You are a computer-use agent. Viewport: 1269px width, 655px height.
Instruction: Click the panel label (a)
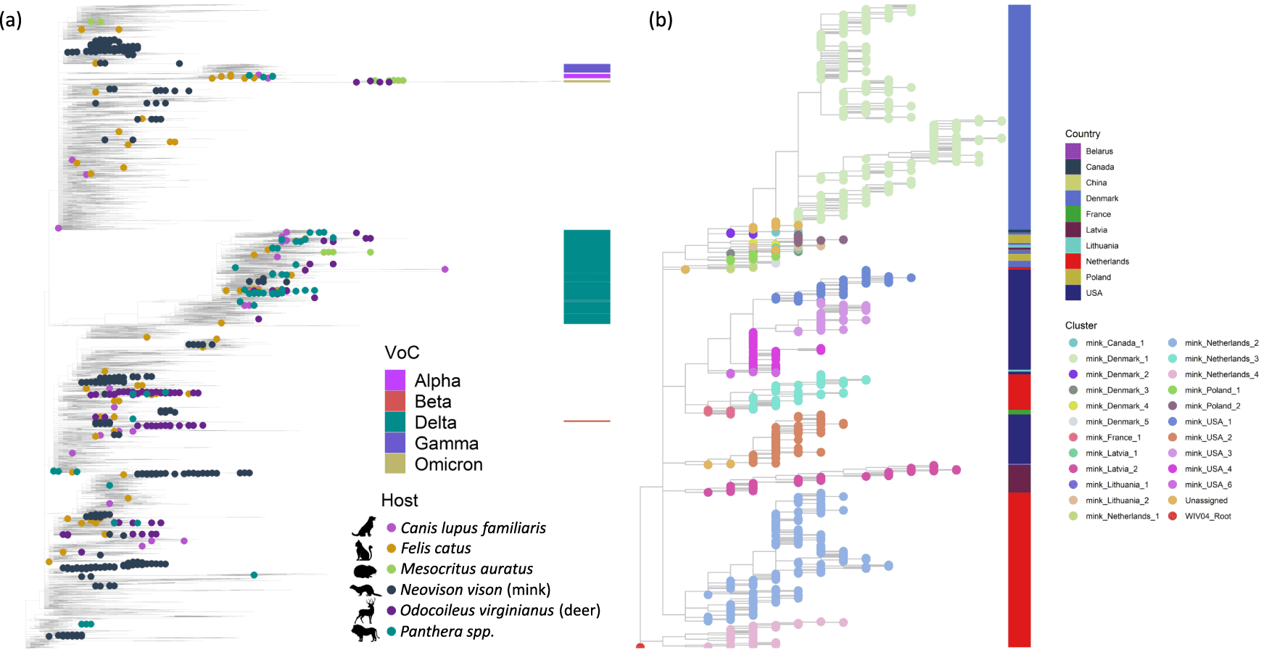point(11,20)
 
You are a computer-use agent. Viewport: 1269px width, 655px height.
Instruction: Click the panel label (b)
point(660,20)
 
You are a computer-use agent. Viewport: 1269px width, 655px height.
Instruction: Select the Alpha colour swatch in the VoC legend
point(394,380)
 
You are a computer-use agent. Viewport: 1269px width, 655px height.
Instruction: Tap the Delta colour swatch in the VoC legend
point(394,422)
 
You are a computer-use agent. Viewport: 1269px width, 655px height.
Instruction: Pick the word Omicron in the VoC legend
point(448,464)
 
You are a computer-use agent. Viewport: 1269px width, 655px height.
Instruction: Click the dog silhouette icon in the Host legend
point(364,527)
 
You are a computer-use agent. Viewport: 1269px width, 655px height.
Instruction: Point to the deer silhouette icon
point(365,611)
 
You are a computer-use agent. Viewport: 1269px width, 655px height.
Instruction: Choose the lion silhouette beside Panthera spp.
point(365,633)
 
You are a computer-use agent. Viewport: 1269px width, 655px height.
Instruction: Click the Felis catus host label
point(435,548)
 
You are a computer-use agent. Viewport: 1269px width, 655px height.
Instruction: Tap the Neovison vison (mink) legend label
point(475,590)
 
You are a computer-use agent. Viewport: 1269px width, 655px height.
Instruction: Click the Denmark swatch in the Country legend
point(1073,198)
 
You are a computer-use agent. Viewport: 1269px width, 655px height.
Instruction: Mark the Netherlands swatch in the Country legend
point(1073,261)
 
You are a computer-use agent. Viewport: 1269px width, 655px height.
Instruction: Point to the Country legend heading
point(1082,133)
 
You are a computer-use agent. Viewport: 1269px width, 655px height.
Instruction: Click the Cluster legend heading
point(1080,326)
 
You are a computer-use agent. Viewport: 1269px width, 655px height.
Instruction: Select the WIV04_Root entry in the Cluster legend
point(1207,516)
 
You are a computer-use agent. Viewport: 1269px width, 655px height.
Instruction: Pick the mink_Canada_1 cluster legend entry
point(1114,343)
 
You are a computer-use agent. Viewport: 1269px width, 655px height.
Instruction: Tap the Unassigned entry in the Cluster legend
point(1206,500)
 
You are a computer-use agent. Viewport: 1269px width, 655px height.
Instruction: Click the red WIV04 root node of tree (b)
point(640,646)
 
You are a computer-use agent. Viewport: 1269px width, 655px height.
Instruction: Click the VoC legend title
point(402,353)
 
